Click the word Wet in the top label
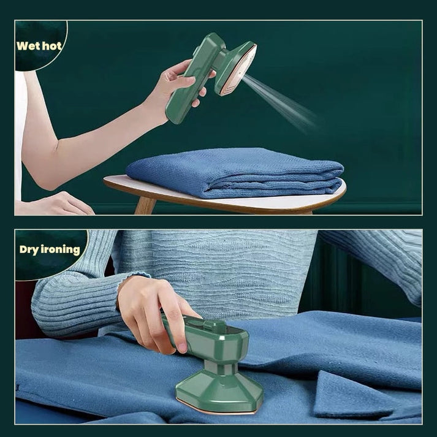point(27,46)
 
